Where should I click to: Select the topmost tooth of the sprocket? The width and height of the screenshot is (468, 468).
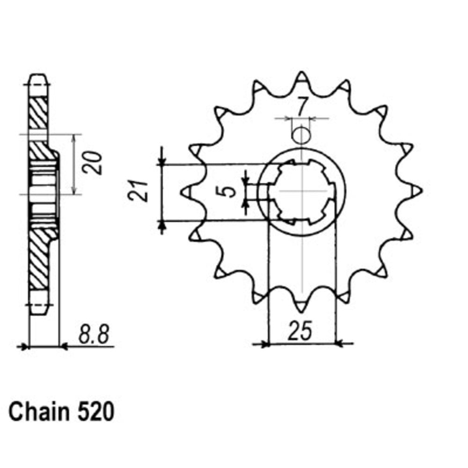tap(302, 76)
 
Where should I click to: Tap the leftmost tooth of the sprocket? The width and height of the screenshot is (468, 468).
tap(186, 191)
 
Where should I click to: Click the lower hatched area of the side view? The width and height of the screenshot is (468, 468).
tap(39, 262)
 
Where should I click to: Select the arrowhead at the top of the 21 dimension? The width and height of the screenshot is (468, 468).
tap(162, 162)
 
